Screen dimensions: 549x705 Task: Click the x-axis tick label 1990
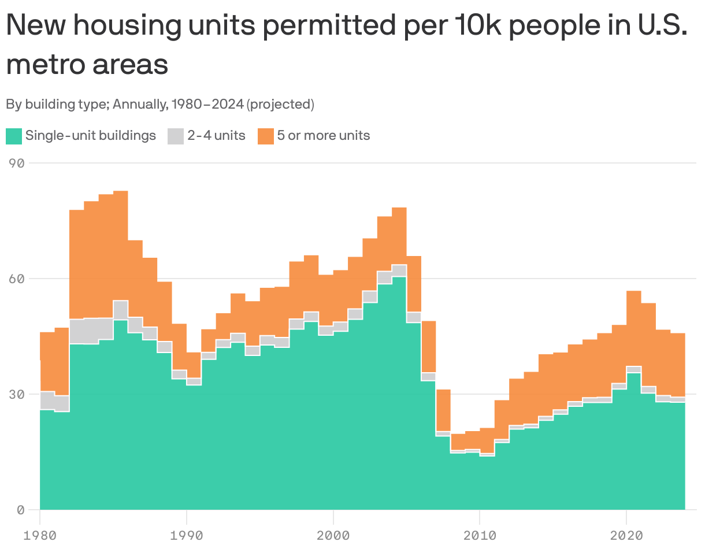(187, 535)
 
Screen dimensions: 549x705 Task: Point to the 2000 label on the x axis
(333, 535)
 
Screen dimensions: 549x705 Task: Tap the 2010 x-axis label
(480, 535)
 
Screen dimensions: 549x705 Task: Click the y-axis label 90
(17, 163)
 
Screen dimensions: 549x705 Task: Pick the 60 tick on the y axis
(17, 279)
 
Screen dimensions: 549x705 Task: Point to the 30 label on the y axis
(17, 394)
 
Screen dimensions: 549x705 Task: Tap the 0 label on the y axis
(20, 510)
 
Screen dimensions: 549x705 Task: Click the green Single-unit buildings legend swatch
(14, 136)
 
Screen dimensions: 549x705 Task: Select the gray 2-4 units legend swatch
(176, 136)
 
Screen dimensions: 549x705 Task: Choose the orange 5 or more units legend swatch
(265, 136)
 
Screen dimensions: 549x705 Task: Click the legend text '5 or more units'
(324, 136)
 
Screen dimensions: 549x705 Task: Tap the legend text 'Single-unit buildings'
(91, 136)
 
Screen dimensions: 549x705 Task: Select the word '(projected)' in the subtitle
(280, 105)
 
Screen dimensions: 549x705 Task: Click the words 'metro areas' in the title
(87, 64)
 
